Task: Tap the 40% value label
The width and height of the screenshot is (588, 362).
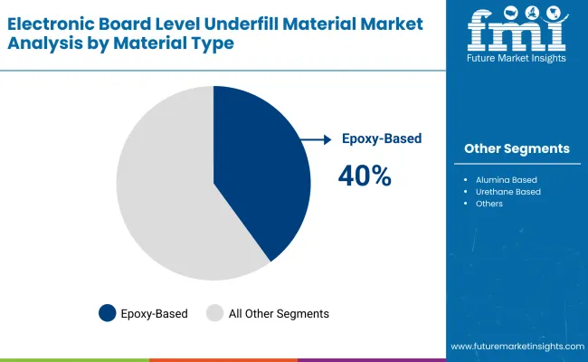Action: (365, 176)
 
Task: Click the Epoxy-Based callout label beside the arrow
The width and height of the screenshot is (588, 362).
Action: (382, 139)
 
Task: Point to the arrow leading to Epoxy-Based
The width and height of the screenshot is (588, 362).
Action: (317, 139)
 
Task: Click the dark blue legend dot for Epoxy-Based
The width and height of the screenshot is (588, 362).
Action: (108, 313)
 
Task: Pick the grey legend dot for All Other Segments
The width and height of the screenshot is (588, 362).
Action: (214, 313)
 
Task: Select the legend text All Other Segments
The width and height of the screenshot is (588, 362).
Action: (279, 314)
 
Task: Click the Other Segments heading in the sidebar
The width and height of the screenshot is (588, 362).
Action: (517, 148)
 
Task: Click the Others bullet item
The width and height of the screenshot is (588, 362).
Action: (488, 204)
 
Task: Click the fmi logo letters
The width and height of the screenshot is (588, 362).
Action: (517, 33)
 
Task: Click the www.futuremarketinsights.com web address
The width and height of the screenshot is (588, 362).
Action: (517, 347)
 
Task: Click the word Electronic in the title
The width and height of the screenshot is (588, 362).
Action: (49, 23)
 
